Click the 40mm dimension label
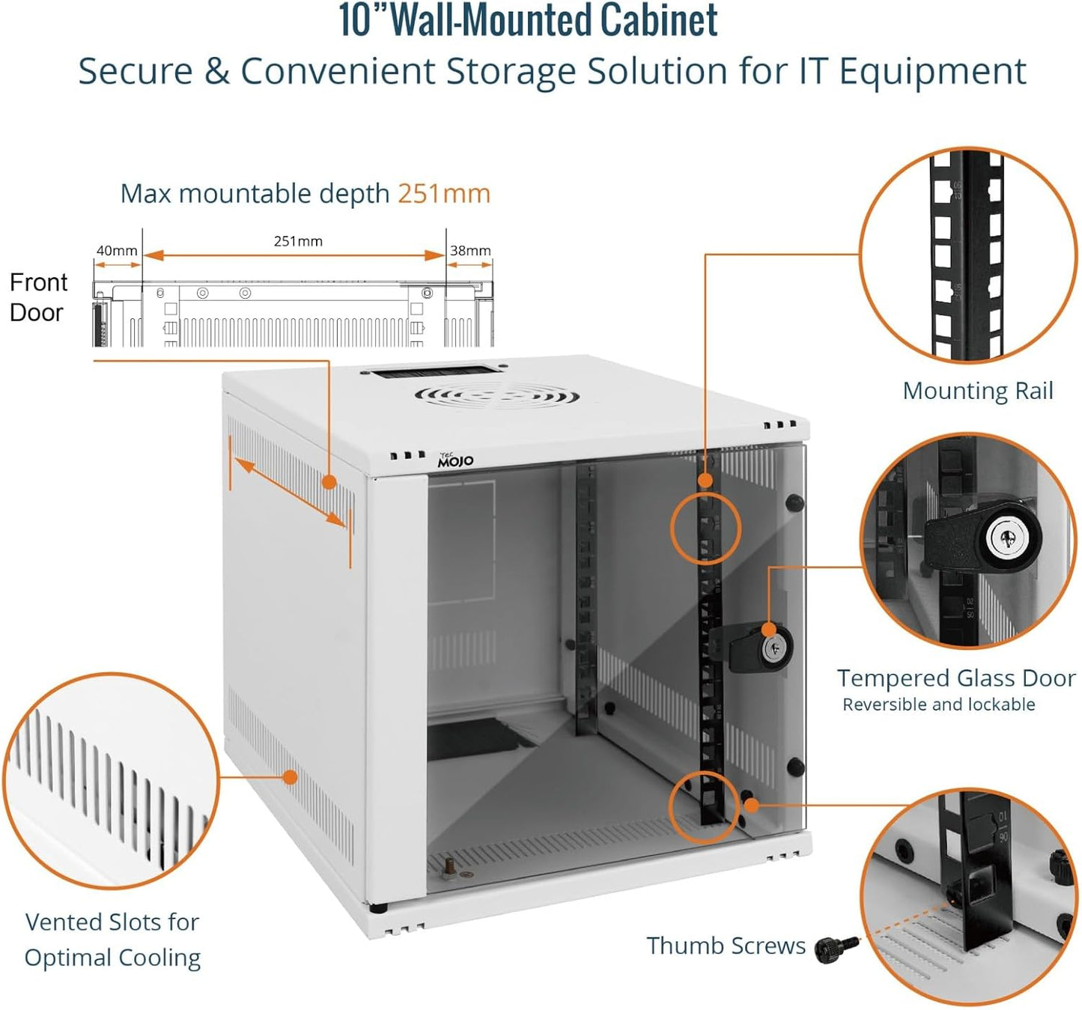coord(117,251)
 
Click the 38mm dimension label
coord(470,251)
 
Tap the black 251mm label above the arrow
coord(298,241)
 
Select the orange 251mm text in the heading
coord(443,194)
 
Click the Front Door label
coord(37,297)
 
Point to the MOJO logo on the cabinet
coord(455,460)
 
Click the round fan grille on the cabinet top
coord(497,395)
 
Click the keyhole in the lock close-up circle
coord(1003,537)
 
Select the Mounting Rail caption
coord(977,391)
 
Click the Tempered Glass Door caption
coord(955,678)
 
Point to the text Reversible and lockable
coord(938,705)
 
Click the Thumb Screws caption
coord(726,946)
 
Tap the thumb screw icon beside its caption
coord(836,949)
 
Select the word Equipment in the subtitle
coord(931,72)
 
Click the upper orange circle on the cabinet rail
coord(705,529)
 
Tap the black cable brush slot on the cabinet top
coord(429,371)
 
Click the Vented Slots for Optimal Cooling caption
coord(112,940)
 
